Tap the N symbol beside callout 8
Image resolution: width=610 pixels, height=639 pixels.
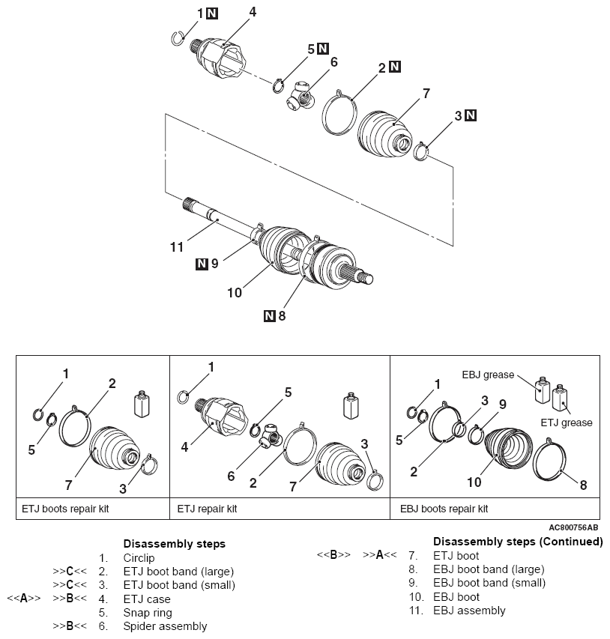(x=269, y=315)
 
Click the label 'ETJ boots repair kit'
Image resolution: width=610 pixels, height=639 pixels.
(x=64, y=507)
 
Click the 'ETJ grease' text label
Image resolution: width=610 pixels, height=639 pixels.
(x=567, y=423)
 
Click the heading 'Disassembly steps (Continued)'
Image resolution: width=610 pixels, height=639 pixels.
(x=518, y=541)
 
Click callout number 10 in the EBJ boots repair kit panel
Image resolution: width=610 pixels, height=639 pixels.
(x=474, y=482)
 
